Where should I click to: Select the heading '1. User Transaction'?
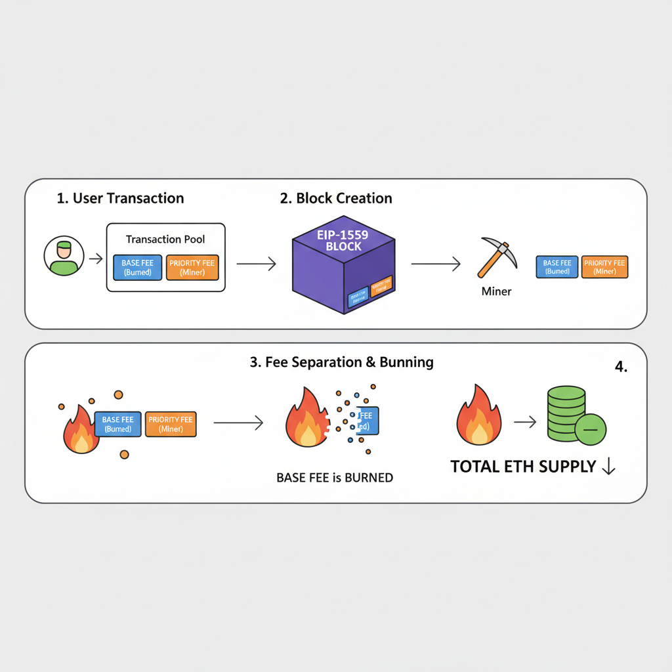120,198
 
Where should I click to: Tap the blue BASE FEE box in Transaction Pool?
137,267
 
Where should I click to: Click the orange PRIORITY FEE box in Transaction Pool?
192,267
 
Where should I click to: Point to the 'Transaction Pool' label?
166,240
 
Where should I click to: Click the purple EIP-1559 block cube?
343,266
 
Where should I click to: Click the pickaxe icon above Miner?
497,257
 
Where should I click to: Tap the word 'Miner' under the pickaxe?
496,291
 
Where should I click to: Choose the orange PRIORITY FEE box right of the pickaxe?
604,267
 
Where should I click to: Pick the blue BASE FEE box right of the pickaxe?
557,267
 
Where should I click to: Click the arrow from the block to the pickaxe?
436,264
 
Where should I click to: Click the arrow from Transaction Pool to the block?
256,264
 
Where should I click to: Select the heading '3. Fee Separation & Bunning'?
341,362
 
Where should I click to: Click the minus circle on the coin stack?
589,429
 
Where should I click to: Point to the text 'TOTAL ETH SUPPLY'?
523,467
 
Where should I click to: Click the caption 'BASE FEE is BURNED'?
335,478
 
